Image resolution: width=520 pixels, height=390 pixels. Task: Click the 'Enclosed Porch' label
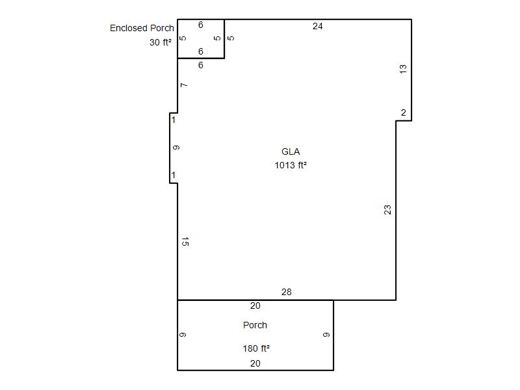[x=142, y=28]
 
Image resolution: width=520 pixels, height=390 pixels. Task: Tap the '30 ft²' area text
[x=161, y=42]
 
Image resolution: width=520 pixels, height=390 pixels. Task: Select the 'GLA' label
[x=291, y=151]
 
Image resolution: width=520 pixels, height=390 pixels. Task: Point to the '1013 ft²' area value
[x=291, y=165]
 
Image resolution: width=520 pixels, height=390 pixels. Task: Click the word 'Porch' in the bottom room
[x=255, y=325]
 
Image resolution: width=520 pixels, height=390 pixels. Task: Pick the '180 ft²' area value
[x=256, y=348]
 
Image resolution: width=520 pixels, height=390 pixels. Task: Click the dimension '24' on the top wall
[x=317, y=26]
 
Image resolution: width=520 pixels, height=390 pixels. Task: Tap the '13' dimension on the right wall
[x=403, y=69]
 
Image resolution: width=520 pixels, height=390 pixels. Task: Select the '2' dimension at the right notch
[x=403, y=112]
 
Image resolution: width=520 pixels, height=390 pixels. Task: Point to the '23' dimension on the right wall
[x=387, y=210]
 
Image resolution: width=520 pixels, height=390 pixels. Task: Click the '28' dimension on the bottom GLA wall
[x=287, y=292]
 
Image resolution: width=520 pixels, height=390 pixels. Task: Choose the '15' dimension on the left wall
[x=185, y=241]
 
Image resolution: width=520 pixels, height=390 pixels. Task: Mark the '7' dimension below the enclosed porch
[x=184, y=85]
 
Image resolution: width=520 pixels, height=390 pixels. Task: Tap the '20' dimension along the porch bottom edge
[x=255, y=363]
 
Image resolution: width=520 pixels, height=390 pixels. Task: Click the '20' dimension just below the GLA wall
[x=255, y=305]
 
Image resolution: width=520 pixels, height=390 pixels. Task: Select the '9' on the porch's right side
[x=326, y=335]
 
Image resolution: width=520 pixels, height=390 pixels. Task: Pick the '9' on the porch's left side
[x=183, y=335]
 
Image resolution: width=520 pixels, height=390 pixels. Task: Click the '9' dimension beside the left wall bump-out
[x=176, y=148]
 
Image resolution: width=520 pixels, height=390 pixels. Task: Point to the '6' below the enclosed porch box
[x=201, y=66]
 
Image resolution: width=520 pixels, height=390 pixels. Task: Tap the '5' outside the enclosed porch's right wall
[x=231, y=38]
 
